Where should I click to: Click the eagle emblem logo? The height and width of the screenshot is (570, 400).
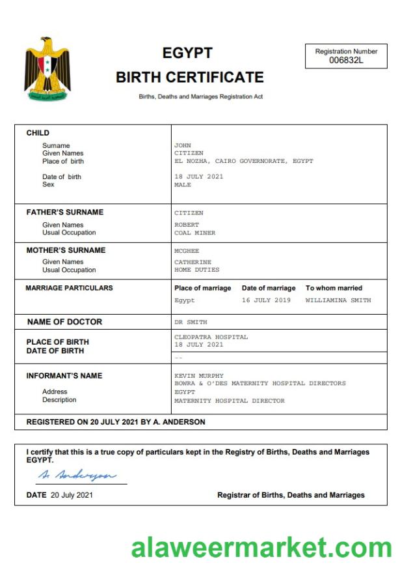(x=47, y=69)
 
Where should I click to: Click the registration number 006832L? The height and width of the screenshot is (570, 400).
(x=346, y=61)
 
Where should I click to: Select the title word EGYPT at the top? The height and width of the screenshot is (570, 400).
(x=187, y=53)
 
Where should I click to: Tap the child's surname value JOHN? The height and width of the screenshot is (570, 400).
(x=182, y=145)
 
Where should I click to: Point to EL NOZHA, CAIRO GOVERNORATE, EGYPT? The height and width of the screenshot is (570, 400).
(x=243, y=161)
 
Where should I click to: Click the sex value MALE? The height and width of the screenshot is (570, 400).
(x=183, y=184)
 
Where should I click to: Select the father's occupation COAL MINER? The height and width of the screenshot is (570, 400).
(x=194, y=233)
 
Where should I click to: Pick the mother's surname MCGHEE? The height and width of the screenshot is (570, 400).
(x=187, y=250)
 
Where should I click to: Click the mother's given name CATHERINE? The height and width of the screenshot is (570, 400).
(x=193, y=262)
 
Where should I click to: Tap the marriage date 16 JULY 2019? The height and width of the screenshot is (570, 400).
(x=266, y=300)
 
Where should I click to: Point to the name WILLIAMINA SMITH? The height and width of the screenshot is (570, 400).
(x=338, y=300)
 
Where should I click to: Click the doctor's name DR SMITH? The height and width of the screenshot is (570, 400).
(x=191, y=322)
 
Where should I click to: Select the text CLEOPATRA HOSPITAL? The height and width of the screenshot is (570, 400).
(x=211, y=337)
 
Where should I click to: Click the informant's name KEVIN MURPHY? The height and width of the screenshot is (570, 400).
(x=199, y=376)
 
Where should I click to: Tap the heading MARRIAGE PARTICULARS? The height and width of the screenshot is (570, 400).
(x=69, y=288)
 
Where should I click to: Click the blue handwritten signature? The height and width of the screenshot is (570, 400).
(x=77, y=474)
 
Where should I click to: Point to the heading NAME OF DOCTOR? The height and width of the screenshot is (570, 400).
(x=64, y=322)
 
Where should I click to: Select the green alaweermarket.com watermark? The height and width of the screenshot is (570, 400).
(x=261, y=547)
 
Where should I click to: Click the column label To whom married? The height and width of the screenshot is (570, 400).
(x=334, y=288)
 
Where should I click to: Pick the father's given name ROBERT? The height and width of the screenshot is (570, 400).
(x=187, y=225)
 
